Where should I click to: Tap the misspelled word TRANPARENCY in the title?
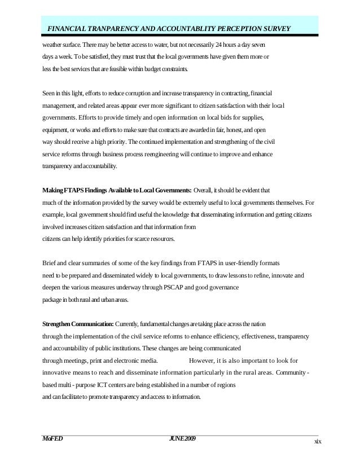[118, 29]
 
